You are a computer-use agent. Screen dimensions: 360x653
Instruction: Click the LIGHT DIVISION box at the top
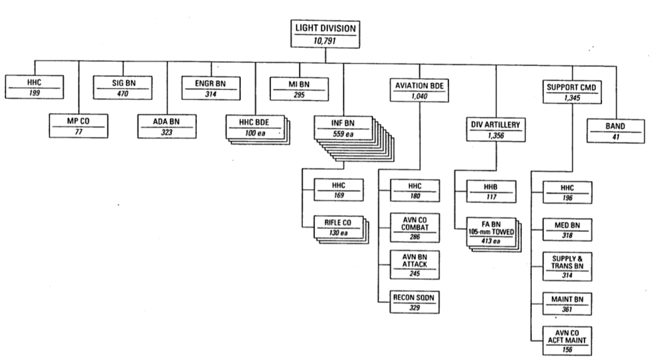325,35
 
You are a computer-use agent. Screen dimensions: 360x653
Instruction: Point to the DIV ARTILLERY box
496,130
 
